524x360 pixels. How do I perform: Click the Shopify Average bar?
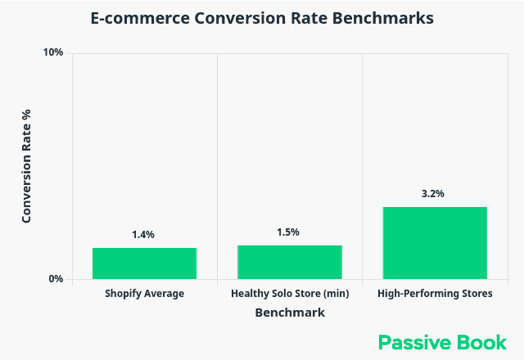click(x=144, y=263)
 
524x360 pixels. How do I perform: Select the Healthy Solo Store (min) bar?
click(x=289, y=262)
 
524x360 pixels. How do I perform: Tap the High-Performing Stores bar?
click(x=434, y=242)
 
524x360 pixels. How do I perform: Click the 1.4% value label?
click(x=143, y=235)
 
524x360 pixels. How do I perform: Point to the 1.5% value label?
click(x=288, y=232)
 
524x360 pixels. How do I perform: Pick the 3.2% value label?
click(x=433, y=194)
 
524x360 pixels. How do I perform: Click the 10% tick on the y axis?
click(x=53, y=53)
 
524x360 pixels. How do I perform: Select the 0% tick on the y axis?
click(x=56, y=279)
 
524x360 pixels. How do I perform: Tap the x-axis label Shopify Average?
click(x=145, y=294)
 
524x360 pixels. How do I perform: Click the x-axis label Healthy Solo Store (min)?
click(x=289, y=294)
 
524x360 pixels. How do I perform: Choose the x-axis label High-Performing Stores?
click(x=435, y=294)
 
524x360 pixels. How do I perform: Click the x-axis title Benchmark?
click(x=290, y=313)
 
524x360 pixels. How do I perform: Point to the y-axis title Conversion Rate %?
click(x=26, y=166)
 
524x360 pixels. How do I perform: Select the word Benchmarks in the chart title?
click(x=386, y=18)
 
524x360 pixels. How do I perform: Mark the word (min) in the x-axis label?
click(x=337, y=294)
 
